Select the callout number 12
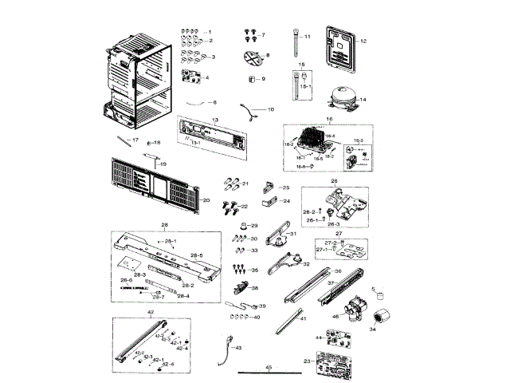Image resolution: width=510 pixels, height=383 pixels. (363, 40)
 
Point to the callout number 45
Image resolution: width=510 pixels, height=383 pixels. (269, 366)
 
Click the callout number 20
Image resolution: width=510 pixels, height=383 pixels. (205, 200)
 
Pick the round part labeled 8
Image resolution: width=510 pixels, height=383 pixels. (252, 58)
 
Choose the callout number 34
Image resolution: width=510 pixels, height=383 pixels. (372, 328)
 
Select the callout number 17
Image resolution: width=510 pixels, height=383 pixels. (135, 140)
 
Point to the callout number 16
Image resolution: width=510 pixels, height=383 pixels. (328, 117)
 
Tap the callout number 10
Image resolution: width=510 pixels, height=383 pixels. (270, 109)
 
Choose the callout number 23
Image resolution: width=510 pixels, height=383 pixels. (306, 361)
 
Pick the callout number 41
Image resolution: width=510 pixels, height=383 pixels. (303, 318)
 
